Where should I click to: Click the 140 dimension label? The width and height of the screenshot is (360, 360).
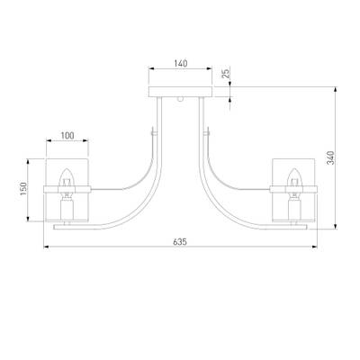pos(181,64)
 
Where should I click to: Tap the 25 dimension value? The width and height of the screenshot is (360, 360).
pos(226,74)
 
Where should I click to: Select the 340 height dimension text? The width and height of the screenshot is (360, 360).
pos(330,157)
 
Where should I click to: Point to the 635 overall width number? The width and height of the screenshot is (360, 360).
pos(180,242)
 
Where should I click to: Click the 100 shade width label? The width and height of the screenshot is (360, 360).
pos(67,136)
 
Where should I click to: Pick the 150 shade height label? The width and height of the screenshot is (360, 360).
pos(23,189)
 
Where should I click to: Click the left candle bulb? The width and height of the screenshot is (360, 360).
pos(67,177)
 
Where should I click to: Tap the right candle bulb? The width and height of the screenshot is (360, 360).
pos(293,177)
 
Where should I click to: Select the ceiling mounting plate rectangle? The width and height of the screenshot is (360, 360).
pos(181,92)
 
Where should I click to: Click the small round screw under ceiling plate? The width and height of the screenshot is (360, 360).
pos(180,99)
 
